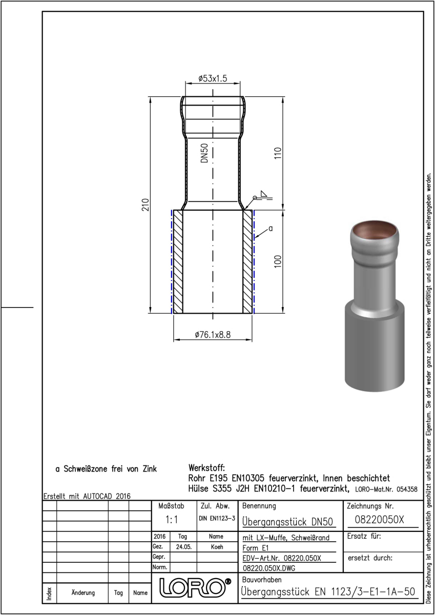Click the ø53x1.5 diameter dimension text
click(x=213, y=78)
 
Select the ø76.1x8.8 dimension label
click(x=213, y=335)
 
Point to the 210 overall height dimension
click(x=145, y=204)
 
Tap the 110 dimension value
click(x=278, y=153)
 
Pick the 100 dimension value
click(x=278, y=261)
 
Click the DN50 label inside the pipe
click(x=204, y=153)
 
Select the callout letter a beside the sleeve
click(x=271, y=229)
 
